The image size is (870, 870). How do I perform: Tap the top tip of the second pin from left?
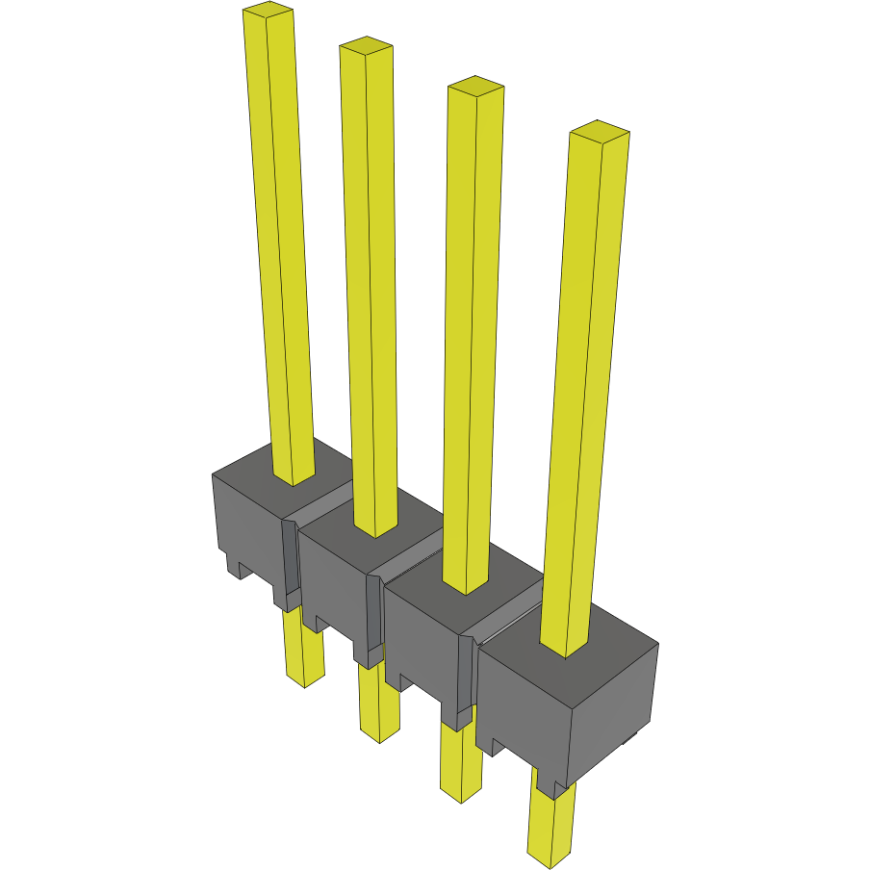pos(366,44)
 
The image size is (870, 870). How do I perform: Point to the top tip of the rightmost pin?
pos(599,130)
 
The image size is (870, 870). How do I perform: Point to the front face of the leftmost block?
pos(245,525)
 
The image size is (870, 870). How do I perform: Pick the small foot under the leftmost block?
pos(235,568)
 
